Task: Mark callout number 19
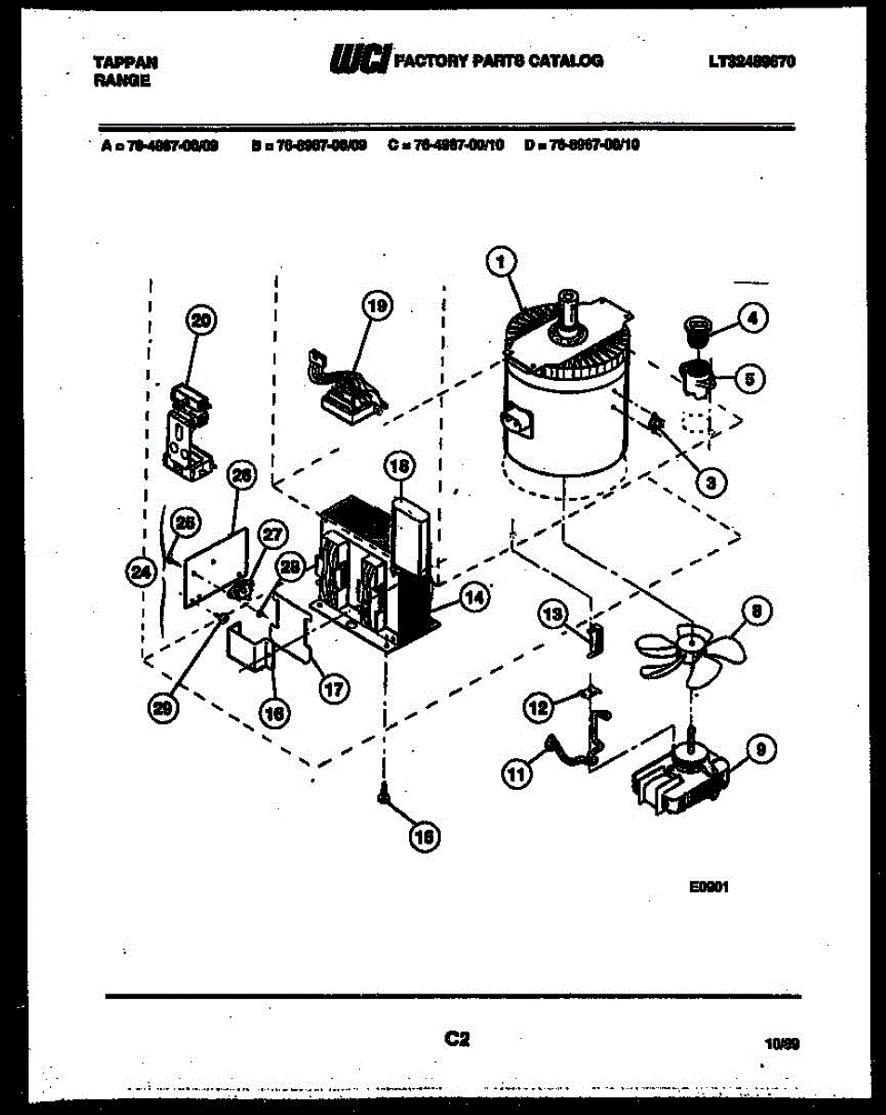(377, 306)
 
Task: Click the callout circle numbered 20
(199, 321)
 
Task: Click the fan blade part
(689, 649)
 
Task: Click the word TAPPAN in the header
(126, 62)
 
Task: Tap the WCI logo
(359, 59)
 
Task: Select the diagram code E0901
(707, 887)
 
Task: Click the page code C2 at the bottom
(456, 1040)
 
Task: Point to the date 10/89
(780, 1044)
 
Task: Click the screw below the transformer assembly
(383, 794)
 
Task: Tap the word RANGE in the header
(122, 81)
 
